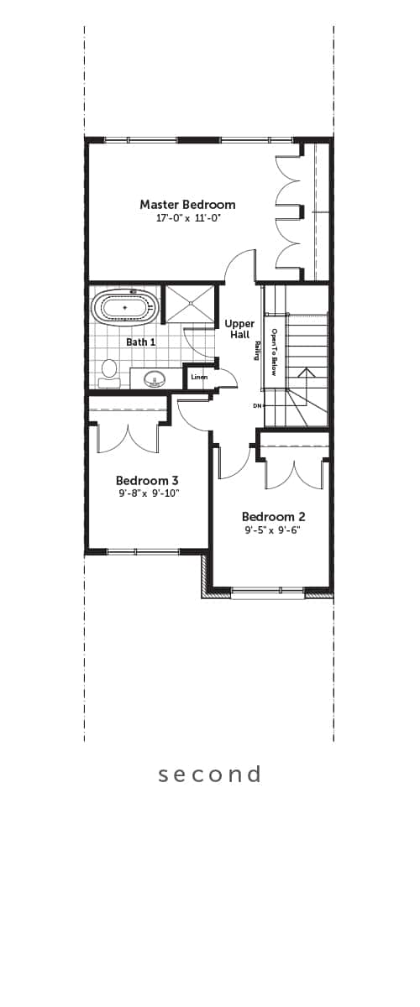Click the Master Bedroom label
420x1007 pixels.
187,205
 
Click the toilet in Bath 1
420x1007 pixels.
108,373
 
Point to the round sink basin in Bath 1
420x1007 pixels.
155,378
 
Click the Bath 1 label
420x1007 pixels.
141,342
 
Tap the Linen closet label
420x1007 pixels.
199,377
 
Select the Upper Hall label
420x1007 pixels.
239,329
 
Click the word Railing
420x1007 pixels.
257,351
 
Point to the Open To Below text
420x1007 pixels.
273,352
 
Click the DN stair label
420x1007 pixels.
257,406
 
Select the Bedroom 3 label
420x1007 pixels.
147,480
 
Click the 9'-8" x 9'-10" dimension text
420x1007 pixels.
149,493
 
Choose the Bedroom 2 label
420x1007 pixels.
274,517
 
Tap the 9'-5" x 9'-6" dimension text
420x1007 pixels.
273,530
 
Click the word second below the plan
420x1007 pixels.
210,774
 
